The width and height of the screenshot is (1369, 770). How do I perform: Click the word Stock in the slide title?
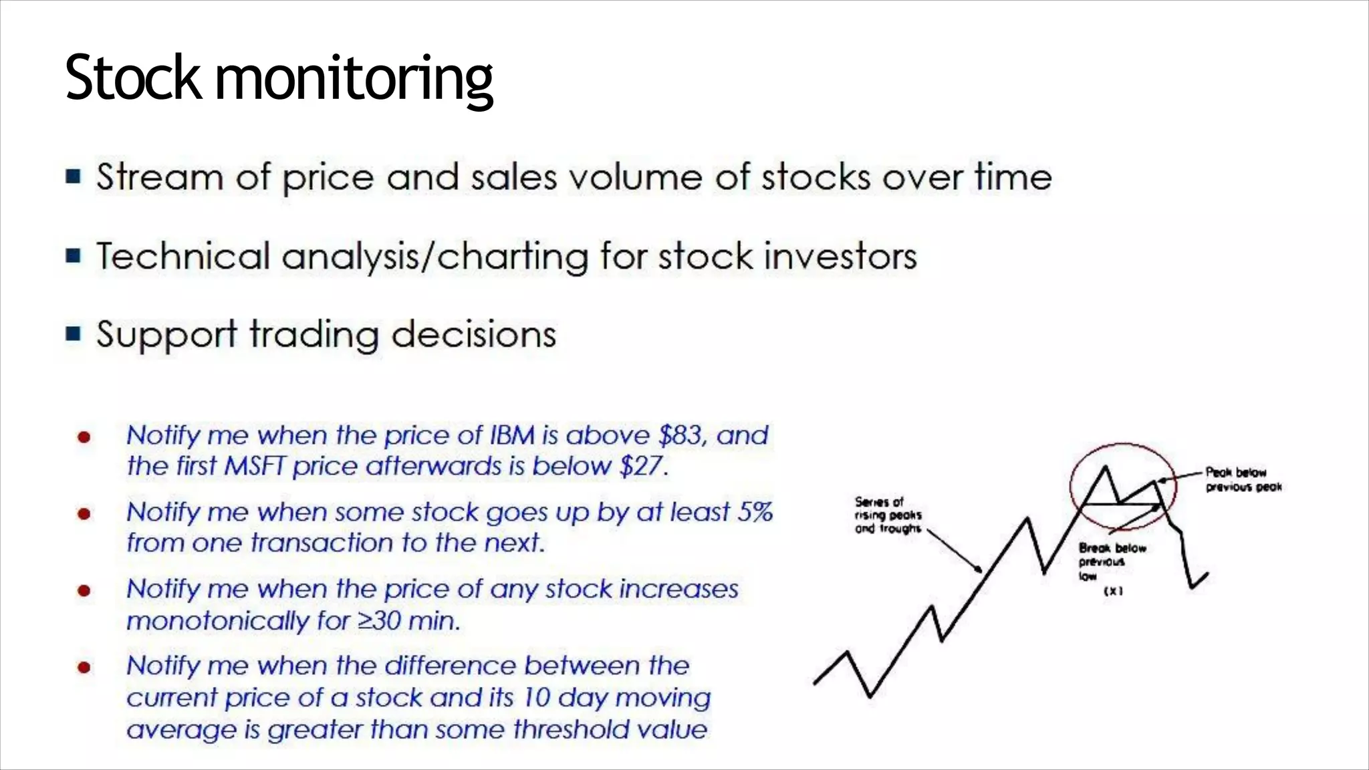[x=132, y=78]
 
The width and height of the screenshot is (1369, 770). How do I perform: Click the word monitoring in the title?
[x=354, y=80]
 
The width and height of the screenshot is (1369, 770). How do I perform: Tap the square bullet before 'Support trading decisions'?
[x=74, y=334]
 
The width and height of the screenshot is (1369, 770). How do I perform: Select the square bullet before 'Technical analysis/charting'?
[x=74, y=255]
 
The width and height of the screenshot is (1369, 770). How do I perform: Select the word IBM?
[x=512, y=436]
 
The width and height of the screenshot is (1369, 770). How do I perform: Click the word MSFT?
[x=255, y=467]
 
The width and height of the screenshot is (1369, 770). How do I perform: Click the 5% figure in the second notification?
[x=755, y=513]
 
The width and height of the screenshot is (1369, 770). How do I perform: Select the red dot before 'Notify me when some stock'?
[x=84, y=514]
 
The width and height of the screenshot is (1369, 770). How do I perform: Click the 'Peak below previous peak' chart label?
[x=1243, y=480]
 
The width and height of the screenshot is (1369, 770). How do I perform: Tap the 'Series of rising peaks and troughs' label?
[x=888, y=515]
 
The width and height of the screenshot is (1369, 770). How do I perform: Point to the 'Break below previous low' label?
[x=1111, y=561]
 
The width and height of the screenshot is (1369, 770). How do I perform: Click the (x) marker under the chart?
[x=1113, y=591]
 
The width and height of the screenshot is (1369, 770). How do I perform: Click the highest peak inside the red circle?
[x=1105, y=468]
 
